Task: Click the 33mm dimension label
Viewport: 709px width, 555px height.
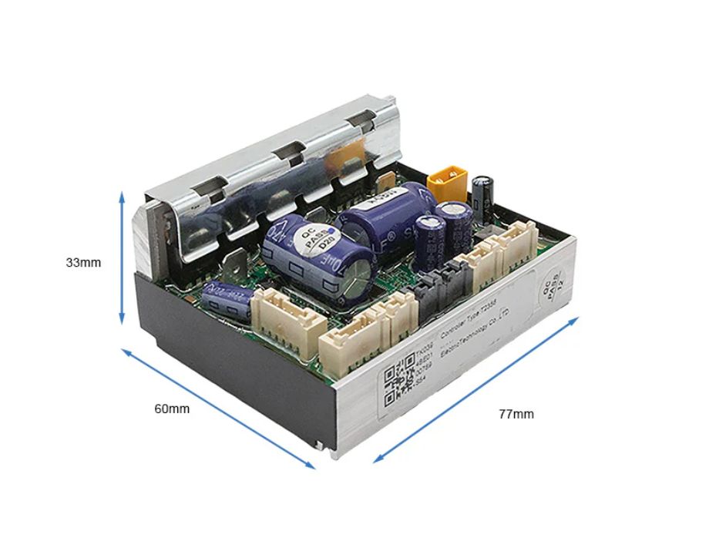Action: (83, 262)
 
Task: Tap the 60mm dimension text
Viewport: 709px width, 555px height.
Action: (172, 409)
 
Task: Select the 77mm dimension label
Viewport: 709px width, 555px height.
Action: (516, 414)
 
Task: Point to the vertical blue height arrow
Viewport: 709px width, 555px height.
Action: (122, 258)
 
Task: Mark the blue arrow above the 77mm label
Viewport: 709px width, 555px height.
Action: (476, 388)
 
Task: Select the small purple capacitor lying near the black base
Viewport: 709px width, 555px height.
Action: (224, 299)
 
